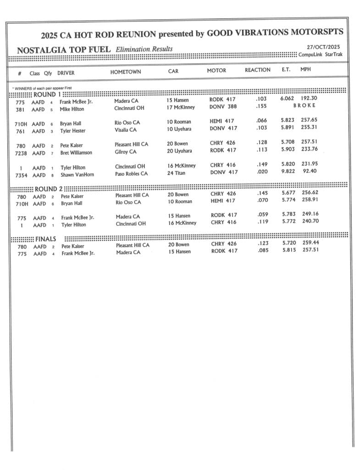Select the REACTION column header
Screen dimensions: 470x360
[257, 70]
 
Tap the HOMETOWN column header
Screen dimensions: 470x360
[125, 72]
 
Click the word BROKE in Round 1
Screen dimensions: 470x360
[304, 106]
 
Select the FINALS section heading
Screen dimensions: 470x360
[45, 239]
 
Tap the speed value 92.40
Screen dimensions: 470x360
[310, 171]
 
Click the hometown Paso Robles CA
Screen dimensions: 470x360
[131, 174]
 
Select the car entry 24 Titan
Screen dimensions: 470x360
[177, 173]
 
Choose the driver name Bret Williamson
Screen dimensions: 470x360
[76, 153]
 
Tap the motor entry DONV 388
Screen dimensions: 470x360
[223, 107]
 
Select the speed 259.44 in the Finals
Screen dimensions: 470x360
[310, 243]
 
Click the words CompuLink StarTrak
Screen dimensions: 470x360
[320, 55]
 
